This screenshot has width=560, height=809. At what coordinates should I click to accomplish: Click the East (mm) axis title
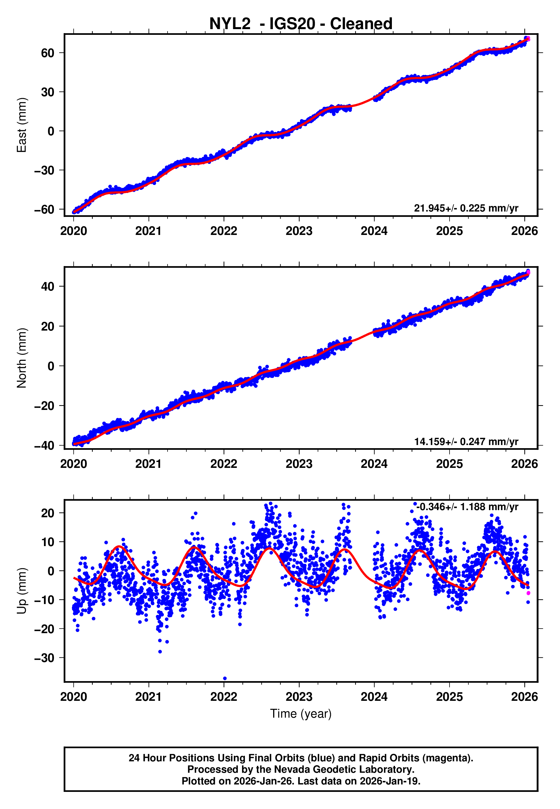coord(22,125)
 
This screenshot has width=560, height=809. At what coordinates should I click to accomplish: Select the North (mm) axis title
coord(22,358)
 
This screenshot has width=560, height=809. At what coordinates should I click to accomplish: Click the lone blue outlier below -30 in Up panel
coord(225,678)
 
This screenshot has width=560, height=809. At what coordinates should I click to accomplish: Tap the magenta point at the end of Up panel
coord(528,593)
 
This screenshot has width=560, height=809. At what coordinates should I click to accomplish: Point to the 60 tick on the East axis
coord(48,53)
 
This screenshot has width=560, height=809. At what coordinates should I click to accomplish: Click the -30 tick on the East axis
coord(44,170)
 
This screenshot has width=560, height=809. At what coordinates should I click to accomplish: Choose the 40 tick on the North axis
coord(48,287)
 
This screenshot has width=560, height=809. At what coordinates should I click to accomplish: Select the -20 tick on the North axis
coord(44,406)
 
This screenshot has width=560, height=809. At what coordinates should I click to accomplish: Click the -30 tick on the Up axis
coord(44,658)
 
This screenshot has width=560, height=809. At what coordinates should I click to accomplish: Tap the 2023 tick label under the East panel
coord(299,231)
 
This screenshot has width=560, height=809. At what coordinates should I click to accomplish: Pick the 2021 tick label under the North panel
coord(148,464)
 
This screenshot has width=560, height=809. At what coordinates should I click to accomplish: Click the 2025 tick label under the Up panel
coord(449,697)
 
